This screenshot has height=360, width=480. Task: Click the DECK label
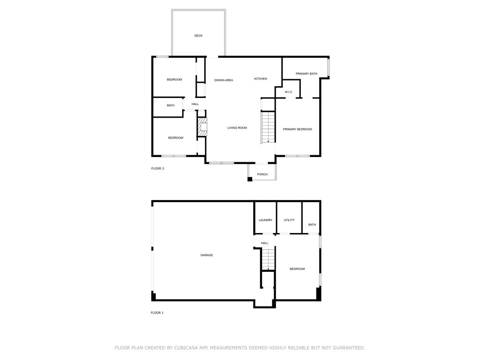pyautogui.click(x=198, y=36)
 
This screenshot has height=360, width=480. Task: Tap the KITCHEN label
pyautogui.click(x=261, y=79)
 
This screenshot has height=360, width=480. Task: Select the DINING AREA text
pyautogui.click(x=224, y=80)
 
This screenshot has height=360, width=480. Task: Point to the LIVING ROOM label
pyautogui.click(x=237, y=128)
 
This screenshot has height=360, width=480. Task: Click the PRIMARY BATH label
pyautogui.click(x=306, y=74)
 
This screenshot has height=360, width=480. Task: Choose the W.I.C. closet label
pyautogui.click(x=289, y=92)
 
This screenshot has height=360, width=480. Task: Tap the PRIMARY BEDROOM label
pyautogui.click(x=297, y=129)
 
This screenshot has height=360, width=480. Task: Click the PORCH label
pyautogui.click(x=262, y=174)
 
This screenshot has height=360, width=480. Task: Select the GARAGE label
pyautogui.click(x=207, y=255)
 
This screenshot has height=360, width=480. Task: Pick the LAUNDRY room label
pyautogui.click(x=265, y=220)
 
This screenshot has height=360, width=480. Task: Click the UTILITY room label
pyautogui.click(x=289, y=220)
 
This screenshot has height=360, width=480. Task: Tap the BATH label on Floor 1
pyautogui.click(x=312, y=225)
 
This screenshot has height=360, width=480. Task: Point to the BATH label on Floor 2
pyautogui.click(x=171, y=105)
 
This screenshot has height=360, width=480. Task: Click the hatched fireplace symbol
pyautogui.click(x=202, y=127)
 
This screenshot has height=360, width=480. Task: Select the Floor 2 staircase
pyautogui.click(x=268, y=127)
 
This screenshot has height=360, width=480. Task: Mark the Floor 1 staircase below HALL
pyautogui.click(x=268, y=259)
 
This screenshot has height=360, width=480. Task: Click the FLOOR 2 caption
pyautogui.click(x=157, y=169)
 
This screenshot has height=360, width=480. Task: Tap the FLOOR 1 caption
pyautogui.click(x=157, y=313)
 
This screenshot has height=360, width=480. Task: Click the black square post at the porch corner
pyautogui.click(x=250, y=179)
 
